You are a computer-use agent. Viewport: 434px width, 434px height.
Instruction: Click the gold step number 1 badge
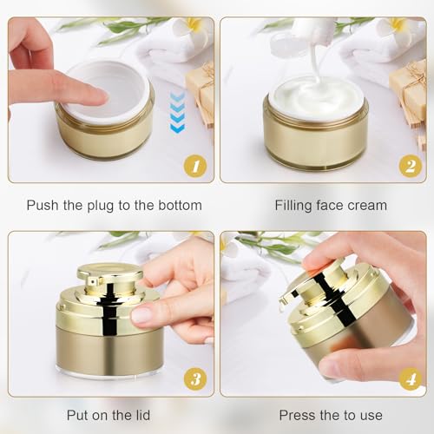pos(195,162)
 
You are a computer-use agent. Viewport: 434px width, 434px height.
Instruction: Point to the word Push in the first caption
pos(43,206)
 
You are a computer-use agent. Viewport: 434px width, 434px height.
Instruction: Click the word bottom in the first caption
pos(179,206)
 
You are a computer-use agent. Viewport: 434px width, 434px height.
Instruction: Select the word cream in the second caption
pos(367,206)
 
